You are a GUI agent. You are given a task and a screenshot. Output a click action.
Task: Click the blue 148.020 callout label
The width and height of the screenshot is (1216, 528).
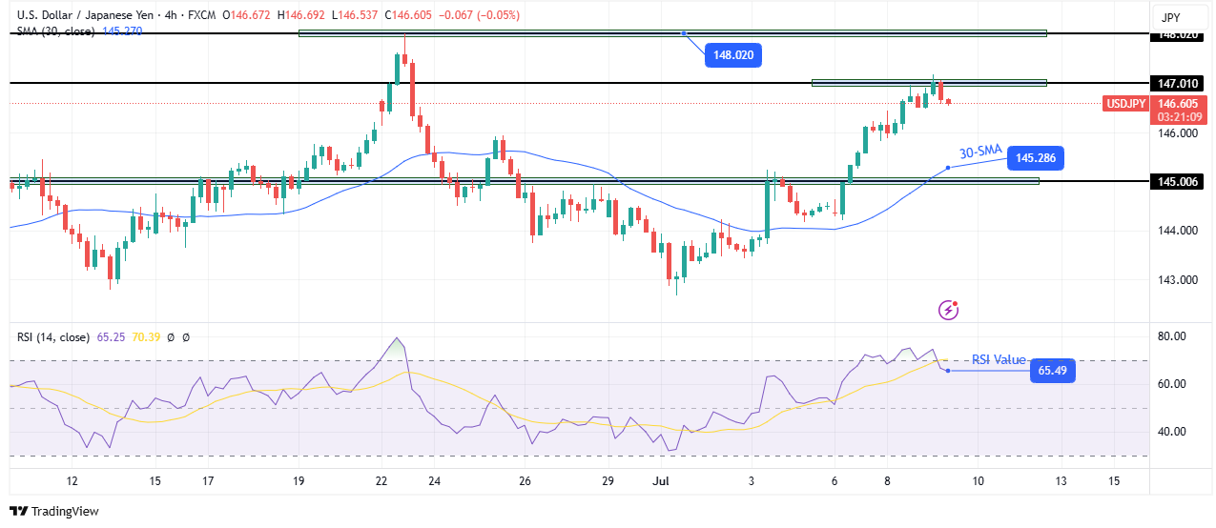pos(733,55)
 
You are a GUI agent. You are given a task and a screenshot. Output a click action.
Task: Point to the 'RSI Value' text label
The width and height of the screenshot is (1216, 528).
pos(999,360)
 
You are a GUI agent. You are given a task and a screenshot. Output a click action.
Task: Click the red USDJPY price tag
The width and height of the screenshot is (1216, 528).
pos(1125,103)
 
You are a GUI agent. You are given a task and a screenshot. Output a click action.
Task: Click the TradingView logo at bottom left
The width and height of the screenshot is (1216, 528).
pos(54,511)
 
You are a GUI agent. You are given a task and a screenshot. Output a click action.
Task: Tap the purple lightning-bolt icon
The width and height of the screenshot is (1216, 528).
pos(948,309)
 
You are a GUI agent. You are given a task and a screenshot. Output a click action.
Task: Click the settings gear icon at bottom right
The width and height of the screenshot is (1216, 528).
pos(1182,481)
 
